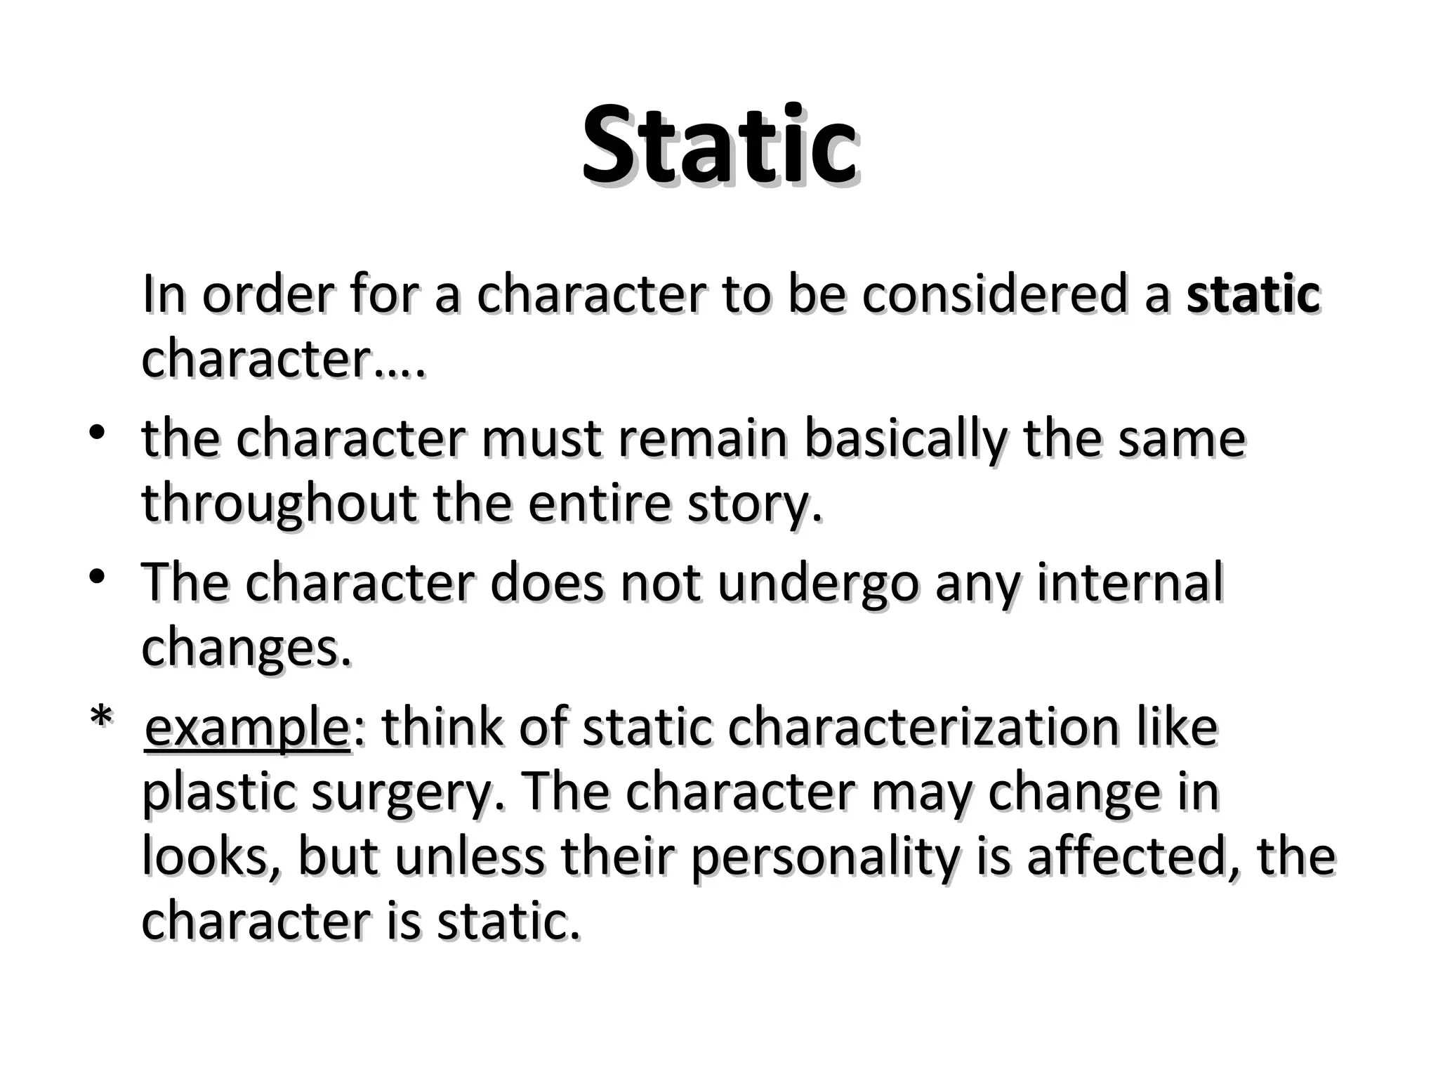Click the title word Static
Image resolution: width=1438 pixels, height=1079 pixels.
(719, 146)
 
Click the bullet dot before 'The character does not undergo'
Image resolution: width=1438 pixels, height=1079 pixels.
(97, 575)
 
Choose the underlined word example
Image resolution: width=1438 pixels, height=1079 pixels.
(247, 728)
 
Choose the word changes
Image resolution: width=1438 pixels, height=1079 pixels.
(246, 648)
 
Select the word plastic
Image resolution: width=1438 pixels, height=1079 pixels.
(218, 792)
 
